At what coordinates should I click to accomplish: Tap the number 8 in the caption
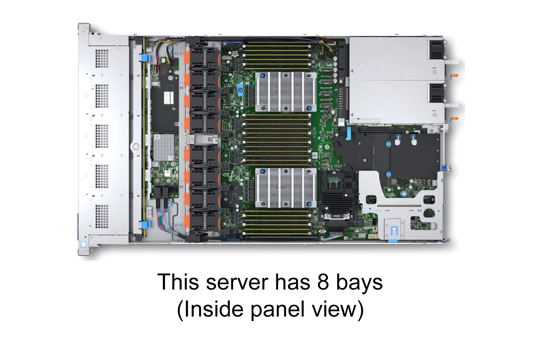pos(323,282)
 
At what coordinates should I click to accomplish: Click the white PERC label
pos(337,216)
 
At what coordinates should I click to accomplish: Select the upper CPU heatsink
pos(285,92)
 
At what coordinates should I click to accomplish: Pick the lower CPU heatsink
pos(285,188)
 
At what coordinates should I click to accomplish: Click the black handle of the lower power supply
pos(437,93)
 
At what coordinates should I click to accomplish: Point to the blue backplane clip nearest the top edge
pos(145,58)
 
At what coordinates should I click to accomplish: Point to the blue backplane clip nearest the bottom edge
pos(145,225)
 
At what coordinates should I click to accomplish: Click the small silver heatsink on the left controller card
pos(163,147)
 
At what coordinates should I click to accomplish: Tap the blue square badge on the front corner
pos(83,244)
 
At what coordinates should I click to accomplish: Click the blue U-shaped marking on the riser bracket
pos(394,230)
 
